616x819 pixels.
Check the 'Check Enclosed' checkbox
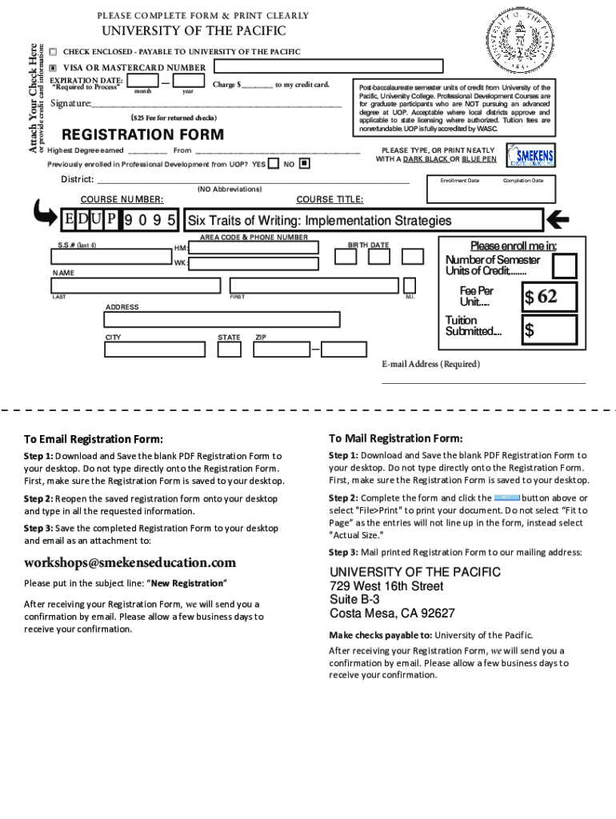53,52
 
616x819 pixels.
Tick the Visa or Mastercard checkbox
53,68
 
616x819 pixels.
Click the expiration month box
142,80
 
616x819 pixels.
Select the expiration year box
188,80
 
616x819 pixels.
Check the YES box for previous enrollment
274,164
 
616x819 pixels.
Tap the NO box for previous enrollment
304,164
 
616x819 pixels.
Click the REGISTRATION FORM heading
131,134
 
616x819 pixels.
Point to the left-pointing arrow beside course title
557,218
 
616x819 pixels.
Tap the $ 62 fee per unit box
550,297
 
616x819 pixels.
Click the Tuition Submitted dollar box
550,330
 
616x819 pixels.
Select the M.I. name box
410,286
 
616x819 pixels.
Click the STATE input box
230,350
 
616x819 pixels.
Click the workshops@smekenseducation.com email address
130,562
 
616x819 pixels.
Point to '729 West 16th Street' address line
386,586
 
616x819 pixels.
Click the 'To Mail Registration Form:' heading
395,438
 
